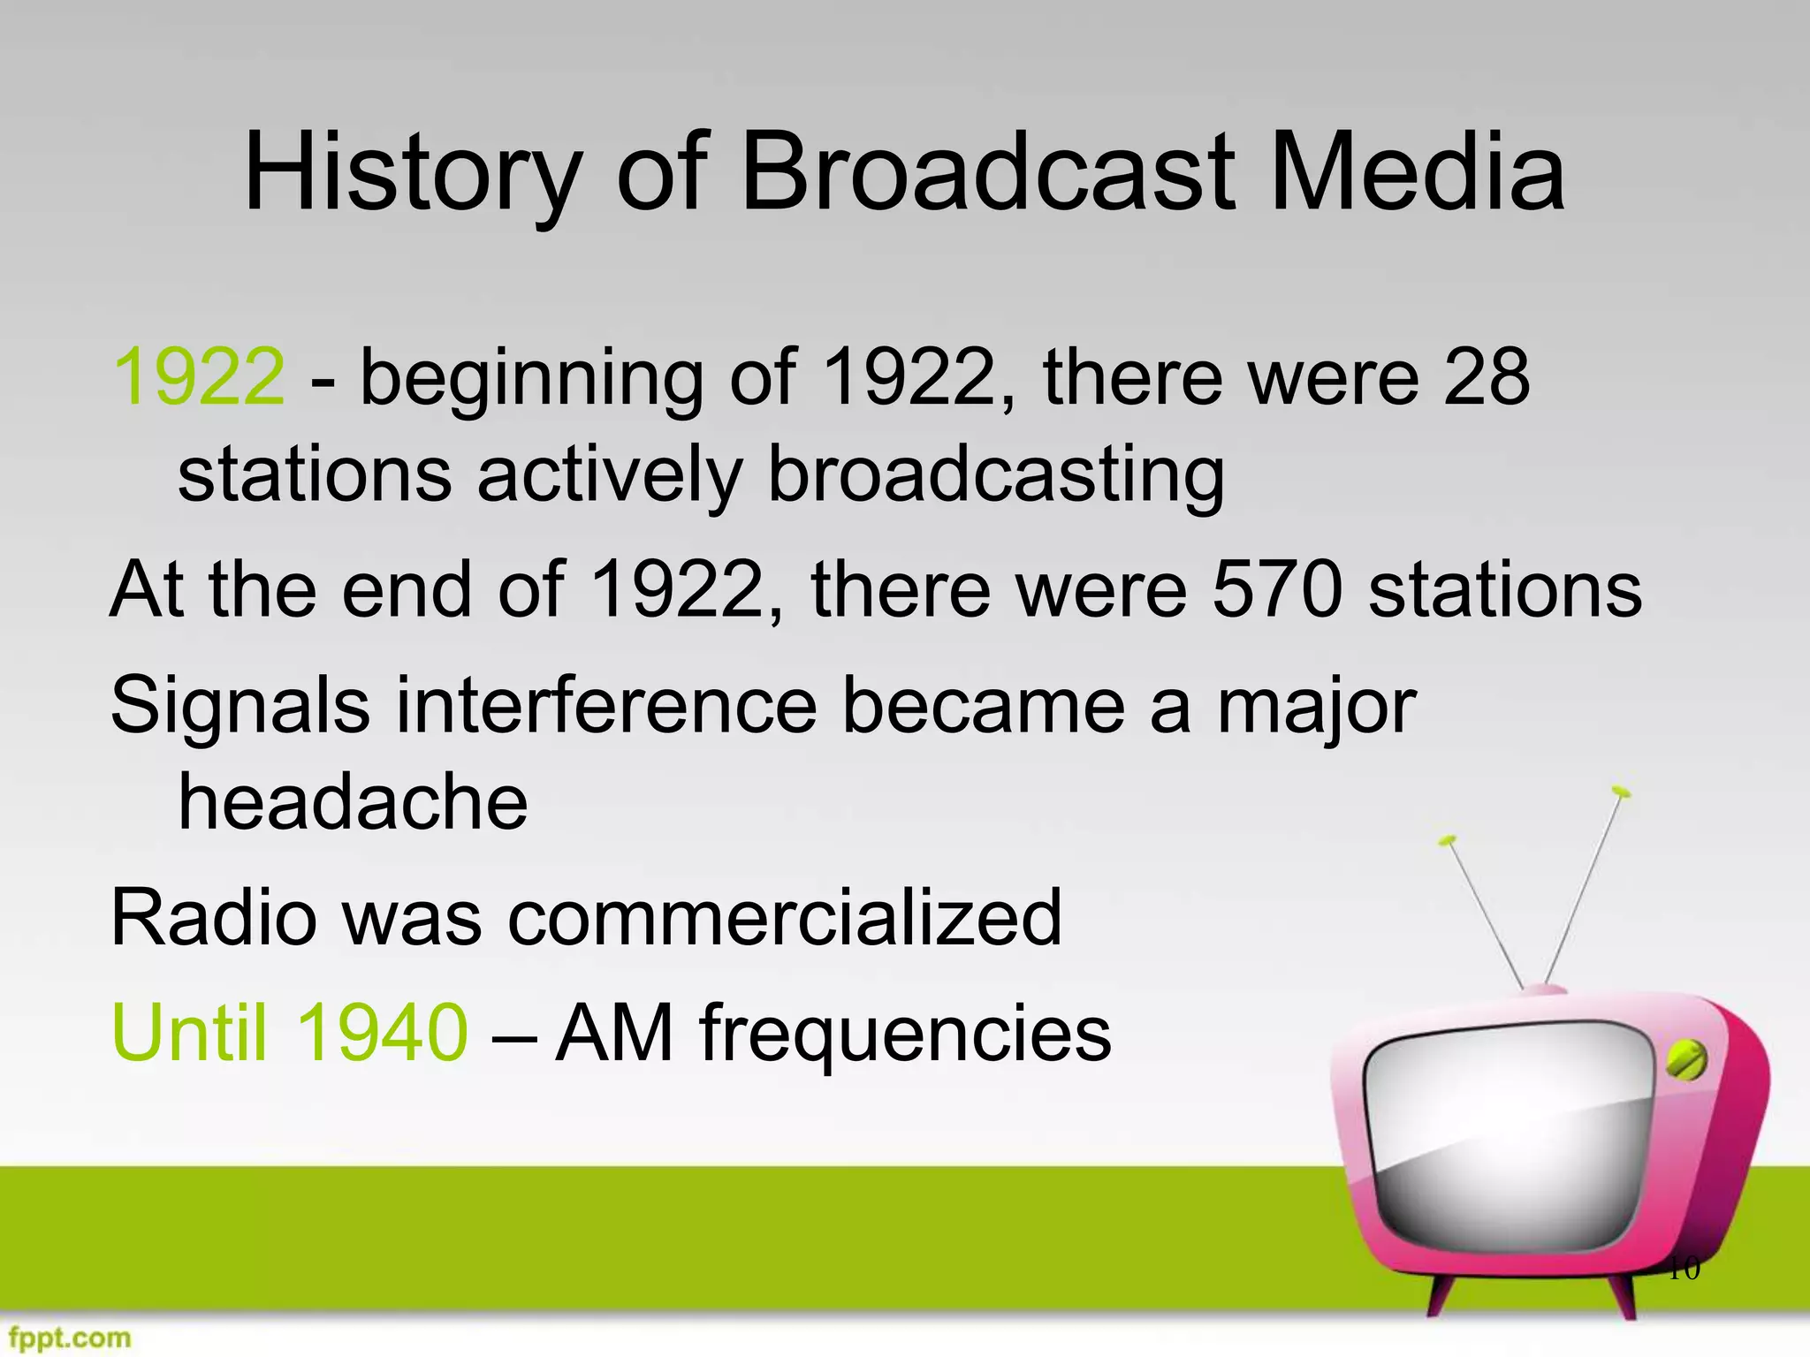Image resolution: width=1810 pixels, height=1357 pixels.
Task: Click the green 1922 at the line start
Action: click(x=200, y=377)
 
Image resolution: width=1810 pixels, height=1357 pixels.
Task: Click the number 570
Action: click(x=1277, y=589)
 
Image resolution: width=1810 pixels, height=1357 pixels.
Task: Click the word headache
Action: click(x=353, y=802)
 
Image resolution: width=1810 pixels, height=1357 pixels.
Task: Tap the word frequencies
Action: click(x=906, y=1034)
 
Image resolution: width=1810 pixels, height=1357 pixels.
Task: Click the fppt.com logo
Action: click(x=66, y=1338)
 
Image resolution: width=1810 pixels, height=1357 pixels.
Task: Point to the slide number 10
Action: click(x=1683, y=1270)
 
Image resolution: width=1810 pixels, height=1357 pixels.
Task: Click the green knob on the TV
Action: click(x=1685, y=1060)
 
